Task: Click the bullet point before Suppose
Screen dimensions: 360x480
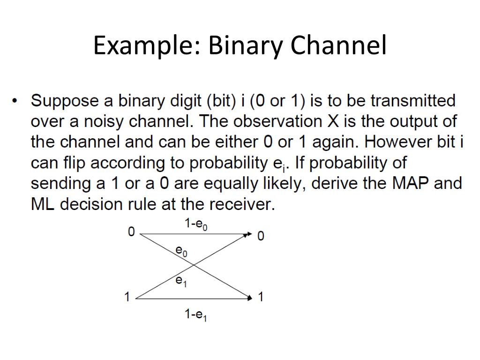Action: pyautogui.click(x=15, y=101)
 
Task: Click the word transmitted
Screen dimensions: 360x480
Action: pyautogui.click(x=413, y=101)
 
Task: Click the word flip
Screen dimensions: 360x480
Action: pyautogui.click(x=75, y=163)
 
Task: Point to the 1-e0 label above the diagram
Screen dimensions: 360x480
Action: pyautogui.click(x=196, y=225)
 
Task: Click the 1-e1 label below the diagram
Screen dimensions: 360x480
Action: pyautogui.click(x=196, y=315)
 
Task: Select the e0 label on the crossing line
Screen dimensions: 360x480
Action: pyautogui.click(x=181, y=252)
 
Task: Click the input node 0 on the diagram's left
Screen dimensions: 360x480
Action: pyautogui.click(x=131, y=232)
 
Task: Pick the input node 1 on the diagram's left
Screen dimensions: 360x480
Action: pyautogui.click(x=127, y=297)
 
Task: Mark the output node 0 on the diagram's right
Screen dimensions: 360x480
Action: pyautogui.click(x=261, y=236)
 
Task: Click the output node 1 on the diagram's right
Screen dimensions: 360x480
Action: pyautogui.click(x=261, y=297)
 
